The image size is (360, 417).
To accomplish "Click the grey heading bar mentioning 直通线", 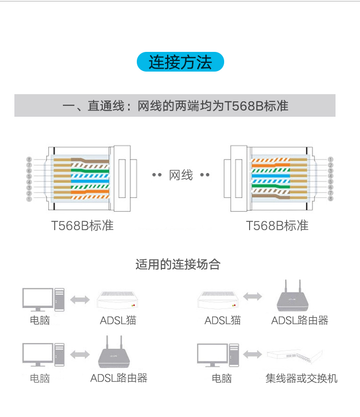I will click(175, 106).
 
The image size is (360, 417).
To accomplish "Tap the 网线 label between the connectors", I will click(181, 175).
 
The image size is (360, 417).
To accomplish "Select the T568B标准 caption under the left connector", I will click(83, 226).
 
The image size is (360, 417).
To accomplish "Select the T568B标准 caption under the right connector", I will click(277, 226).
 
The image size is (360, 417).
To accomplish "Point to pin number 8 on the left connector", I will click(29, 159).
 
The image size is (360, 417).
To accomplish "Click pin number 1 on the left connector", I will click(29, 198).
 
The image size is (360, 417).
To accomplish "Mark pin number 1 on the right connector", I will click(331, 159).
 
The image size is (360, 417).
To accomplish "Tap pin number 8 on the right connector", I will click(331, 198).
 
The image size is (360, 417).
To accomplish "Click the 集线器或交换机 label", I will click(301, 379).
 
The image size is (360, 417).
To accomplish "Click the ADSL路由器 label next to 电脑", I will click(119, 379).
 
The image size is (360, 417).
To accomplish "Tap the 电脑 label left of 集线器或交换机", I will click(222, 379).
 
